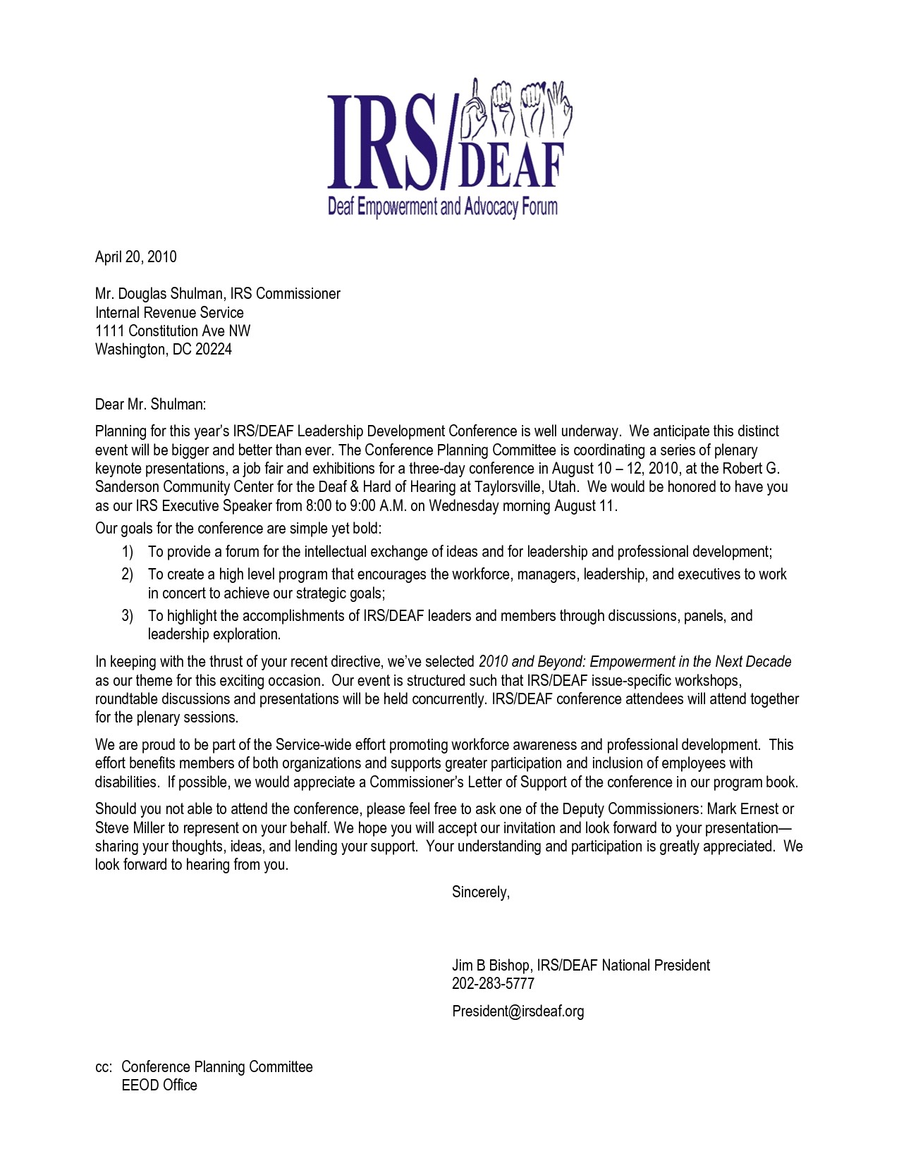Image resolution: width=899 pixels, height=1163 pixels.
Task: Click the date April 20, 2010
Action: (x=136, y=257)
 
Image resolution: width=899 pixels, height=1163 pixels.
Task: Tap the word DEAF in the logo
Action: (x=511, y=166)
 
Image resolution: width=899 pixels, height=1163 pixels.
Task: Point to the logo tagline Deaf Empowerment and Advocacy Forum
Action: (x=443, y=207)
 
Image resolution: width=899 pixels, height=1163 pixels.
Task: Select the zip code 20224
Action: (x=214, y=350)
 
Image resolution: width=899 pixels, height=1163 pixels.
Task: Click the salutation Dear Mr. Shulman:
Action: (x=151, y=404)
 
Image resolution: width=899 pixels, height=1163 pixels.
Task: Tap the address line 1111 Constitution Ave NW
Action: (x=173, y=331)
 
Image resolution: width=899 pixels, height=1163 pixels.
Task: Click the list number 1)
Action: (x=127, y=552)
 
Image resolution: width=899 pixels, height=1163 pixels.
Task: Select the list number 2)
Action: (x=127, y=574)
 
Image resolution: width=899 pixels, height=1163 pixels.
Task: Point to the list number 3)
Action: (x=127, y=616)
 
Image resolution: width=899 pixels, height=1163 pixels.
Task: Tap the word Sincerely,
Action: (x=481, y=892)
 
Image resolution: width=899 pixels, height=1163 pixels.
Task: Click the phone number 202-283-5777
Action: (x=493, y=984)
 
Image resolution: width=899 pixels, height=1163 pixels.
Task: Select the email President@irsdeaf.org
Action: (x=518, y=1011)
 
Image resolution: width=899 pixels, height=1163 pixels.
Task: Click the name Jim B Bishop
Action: (x=491, y=966)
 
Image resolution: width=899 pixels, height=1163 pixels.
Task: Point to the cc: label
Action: (x=104, y=1067)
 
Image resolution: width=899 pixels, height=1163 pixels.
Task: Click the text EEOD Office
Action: (x=159, y=1085)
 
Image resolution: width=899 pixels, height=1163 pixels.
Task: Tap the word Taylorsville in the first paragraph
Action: (x=517, y=487)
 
